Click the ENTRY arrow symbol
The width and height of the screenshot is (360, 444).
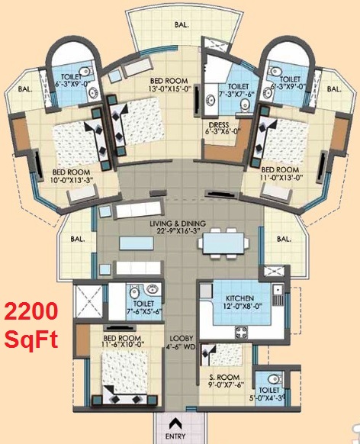click(x=175, y=423)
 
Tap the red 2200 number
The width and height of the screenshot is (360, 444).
click(x=31, y=311)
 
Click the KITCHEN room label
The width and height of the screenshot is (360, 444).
click(x=239, y=298)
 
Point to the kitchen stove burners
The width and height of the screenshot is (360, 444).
click(x=241, y=332)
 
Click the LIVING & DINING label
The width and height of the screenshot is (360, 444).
click(x=178, y=224)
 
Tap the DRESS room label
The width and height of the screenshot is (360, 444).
click(x=219, y=125)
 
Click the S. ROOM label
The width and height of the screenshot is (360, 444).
click(x=224, y=378)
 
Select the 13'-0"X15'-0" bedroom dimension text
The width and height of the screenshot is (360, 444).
click(x=170, y=89)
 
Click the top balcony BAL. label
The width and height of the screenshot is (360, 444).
click(x=182, y=25)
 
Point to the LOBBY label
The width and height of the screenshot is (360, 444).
click(x=182, y=339)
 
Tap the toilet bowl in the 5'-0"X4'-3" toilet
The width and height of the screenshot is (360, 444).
click(x=273, y=378)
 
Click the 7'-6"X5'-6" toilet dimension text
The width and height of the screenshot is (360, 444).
click(x=144, y=311)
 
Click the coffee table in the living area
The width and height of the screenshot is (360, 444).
click(x=137, y=243)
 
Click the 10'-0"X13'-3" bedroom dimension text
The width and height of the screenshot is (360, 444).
click(x=73, y=180)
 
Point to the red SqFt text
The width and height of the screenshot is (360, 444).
click(x=31, y=339)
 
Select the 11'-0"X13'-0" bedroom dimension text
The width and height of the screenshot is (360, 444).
click(x=282, y=178)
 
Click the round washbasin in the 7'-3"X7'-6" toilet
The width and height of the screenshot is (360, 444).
click(x=211, y=100)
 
